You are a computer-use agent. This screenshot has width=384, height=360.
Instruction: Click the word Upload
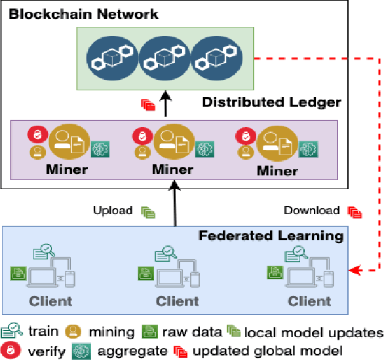113,211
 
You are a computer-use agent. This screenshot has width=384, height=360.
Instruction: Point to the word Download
311,211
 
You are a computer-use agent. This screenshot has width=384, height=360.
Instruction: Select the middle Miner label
174,170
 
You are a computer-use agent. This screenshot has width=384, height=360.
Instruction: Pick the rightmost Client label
309,301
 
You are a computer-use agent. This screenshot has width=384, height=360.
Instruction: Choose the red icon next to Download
355,211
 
